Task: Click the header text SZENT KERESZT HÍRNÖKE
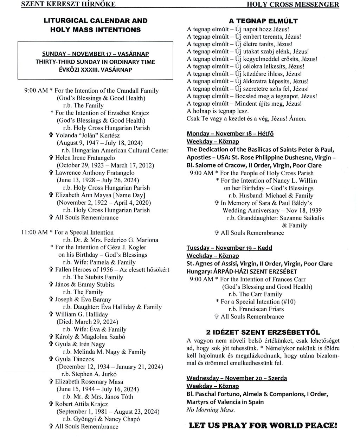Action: (x=68, y=4)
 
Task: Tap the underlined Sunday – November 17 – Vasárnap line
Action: (x=95, y=54)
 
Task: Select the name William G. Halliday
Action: (x=82, y=314)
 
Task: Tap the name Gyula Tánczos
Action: (x=75, y=359)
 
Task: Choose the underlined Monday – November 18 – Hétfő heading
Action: (x=230, y=133)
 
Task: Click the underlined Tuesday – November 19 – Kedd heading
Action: (x=229, y=248)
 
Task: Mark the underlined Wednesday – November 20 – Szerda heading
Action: (x=237, y=378)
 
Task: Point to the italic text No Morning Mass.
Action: (x=211, y=409)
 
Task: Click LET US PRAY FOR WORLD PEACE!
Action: (x=263, y=426)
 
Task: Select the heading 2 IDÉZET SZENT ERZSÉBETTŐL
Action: (x=263, y=332)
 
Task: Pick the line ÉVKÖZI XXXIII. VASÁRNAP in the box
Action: (x=95, y=70)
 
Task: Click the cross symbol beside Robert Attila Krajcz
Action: (x=51, y=404)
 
